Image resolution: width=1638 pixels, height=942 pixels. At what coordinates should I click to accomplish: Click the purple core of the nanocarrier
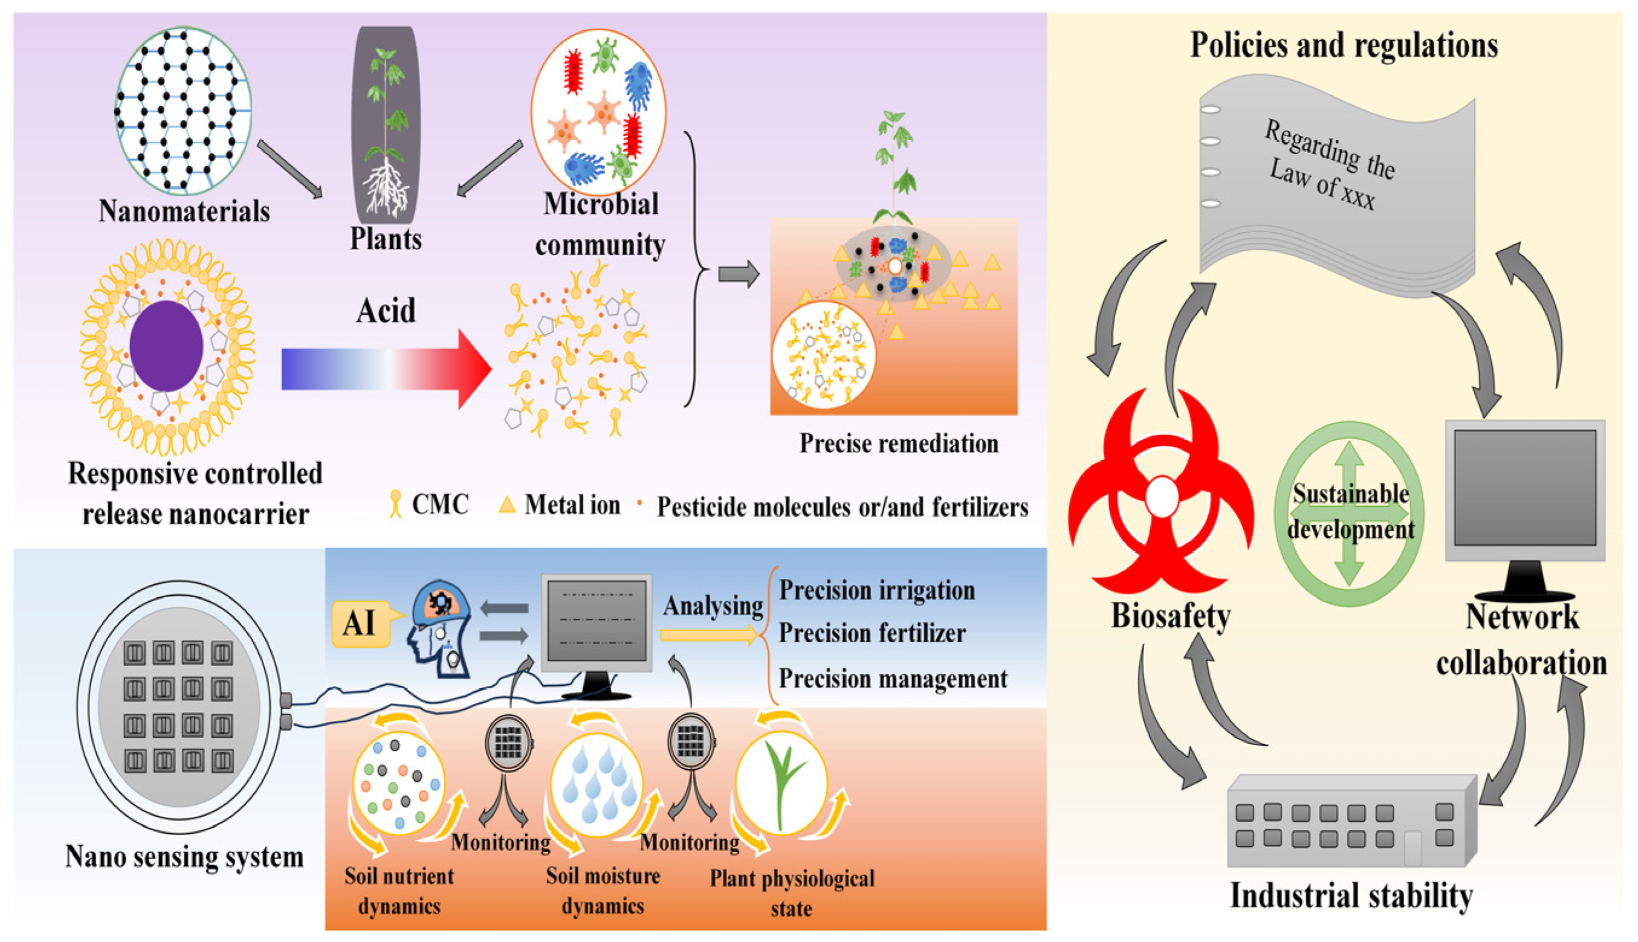point(166,346)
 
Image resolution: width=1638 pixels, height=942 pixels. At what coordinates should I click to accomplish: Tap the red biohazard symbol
point(1161,498)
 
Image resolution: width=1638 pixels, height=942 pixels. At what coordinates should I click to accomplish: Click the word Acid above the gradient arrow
point(386,311)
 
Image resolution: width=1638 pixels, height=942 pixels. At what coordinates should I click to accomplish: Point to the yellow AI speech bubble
point(360,624)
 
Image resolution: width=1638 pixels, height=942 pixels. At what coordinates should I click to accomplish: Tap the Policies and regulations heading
point(1344,45)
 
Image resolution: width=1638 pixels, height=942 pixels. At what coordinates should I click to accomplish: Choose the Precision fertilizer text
point(872,633)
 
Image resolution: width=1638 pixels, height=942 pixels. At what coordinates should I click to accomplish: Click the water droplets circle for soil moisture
point(596,784)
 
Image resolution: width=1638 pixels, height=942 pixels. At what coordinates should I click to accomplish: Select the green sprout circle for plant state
point(782,784)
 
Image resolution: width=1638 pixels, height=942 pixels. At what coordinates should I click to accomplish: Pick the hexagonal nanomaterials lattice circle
point(183,111)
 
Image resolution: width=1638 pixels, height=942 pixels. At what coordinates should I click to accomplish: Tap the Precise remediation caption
point(898,444)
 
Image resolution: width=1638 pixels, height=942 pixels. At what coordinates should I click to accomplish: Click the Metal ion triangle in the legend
point(507,505)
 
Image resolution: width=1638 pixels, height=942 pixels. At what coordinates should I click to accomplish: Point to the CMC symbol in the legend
point(395,504)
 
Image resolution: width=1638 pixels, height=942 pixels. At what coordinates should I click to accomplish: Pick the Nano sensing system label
point(184,857)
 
